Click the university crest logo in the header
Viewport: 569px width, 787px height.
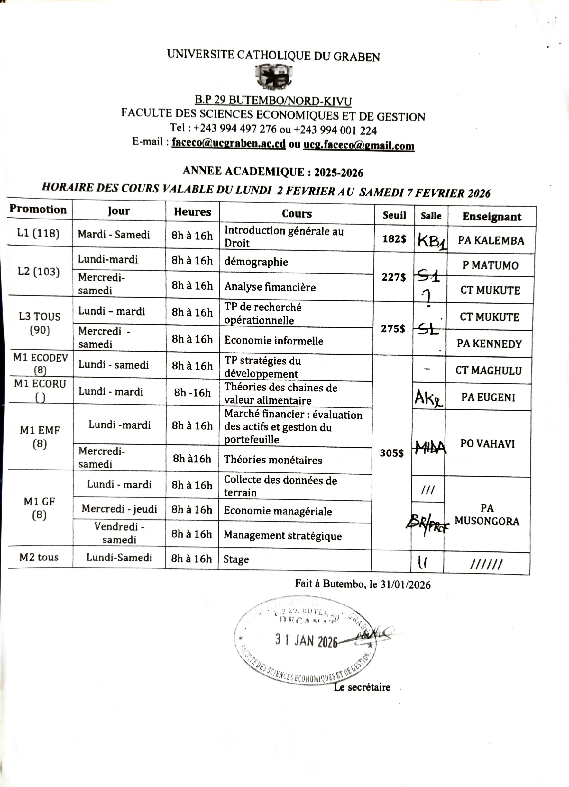tap(273, 76)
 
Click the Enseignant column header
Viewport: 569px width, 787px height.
tap(492, 217)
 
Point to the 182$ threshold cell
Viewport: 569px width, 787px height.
tap(394, 239)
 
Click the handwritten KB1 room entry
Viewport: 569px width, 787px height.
tap(431, 240)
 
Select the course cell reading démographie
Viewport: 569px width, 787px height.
tap(256, 262)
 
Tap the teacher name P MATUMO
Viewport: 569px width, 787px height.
tap(490, 265)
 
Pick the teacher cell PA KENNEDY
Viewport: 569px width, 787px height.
tap(489, 344)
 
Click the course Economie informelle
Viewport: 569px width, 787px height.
tap(274, 341)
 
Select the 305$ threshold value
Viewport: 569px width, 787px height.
tap(391, 453)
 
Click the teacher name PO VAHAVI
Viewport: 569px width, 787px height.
tap(487, 444)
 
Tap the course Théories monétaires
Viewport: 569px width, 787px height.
tap(273, 460)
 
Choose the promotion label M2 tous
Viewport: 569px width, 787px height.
tap(39, 557)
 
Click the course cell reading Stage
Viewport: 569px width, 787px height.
tap(236, 559)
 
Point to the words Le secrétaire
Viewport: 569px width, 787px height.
tap(362, 687)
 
